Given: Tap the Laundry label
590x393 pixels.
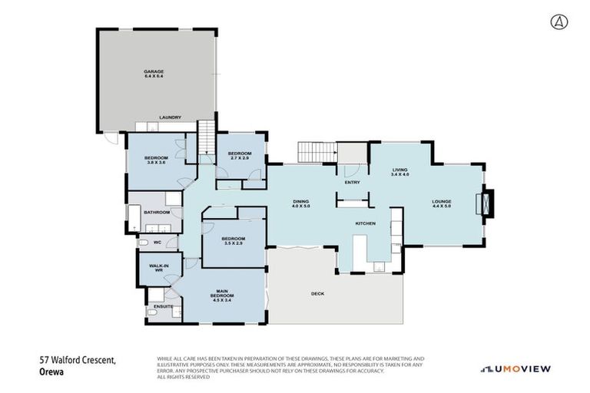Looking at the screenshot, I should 170,117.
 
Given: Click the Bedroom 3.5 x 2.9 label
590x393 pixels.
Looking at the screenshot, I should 233,241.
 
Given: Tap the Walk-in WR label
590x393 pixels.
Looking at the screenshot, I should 159,268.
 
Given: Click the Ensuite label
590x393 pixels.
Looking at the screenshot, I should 162,307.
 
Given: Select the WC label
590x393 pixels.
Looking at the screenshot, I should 157,243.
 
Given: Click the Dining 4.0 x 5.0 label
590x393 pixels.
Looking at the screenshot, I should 300,204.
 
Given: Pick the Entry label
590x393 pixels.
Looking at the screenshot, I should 353,183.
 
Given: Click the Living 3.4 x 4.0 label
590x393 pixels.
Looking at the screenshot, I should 399,172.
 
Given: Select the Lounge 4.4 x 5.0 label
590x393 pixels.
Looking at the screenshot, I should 442,204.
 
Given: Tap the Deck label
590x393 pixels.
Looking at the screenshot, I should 317,294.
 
